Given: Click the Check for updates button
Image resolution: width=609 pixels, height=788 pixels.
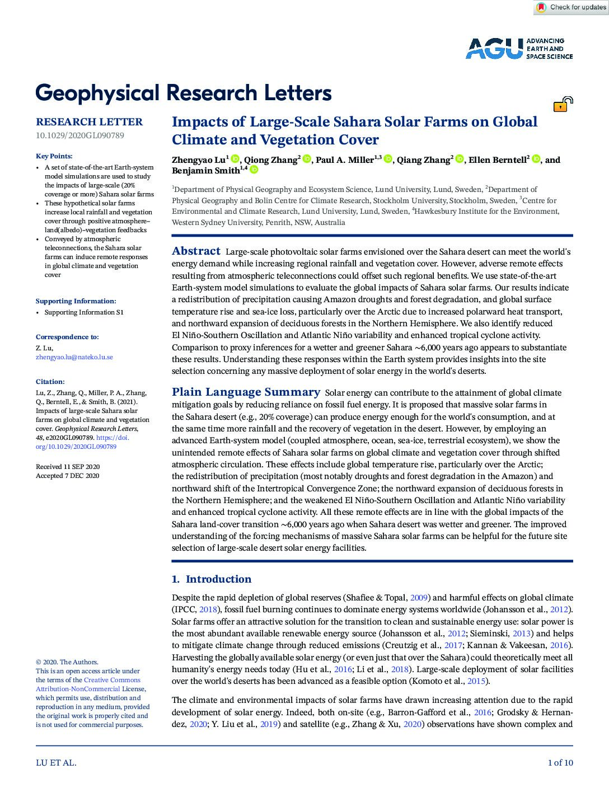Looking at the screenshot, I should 570,7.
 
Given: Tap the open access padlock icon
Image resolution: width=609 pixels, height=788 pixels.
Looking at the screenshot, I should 563,104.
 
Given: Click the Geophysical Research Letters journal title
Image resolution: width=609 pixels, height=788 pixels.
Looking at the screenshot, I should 184,93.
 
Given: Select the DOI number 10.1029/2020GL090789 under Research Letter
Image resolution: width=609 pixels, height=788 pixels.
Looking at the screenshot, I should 80,135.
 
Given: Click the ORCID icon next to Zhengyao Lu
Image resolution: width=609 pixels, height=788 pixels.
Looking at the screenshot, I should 235,160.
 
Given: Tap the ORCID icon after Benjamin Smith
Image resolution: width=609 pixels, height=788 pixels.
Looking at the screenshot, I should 254,170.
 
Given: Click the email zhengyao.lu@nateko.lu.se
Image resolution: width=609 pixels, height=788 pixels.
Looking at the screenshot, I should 74,357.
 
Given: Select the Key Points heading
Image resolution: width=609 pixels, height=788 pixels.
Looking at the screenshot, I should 54,156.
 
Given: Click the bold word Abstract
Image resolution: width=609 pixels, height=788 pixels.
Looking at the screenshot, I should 196,251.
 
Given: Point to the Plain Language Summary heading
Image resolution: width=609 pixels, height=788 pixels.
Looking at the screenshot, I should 246,392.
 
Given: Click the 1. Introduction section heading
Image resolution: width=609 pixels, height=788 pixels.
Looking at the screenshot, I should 212,579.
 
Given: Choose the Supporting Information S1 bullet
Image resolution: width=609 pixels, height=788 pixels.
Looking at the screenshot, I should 84,312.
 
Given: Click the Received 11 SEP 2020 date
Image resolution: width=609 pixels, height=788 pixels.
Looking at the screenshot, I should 68,467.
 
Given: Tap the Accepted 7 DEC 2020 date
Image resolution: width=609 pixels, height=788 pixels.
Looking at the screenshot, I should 67,476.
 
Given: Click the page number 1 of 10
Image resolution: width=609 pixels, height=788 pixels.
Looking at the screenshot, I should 560,762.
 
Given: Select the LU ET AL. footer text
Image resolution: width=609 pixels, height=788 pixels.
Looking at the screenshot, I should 56,762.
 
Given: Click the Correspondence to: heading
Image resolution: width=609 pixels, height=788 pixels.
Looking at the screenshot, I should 67,337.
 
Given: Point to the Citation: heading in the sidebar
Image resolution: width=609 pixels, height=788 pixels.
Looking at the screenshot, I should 50,382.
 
